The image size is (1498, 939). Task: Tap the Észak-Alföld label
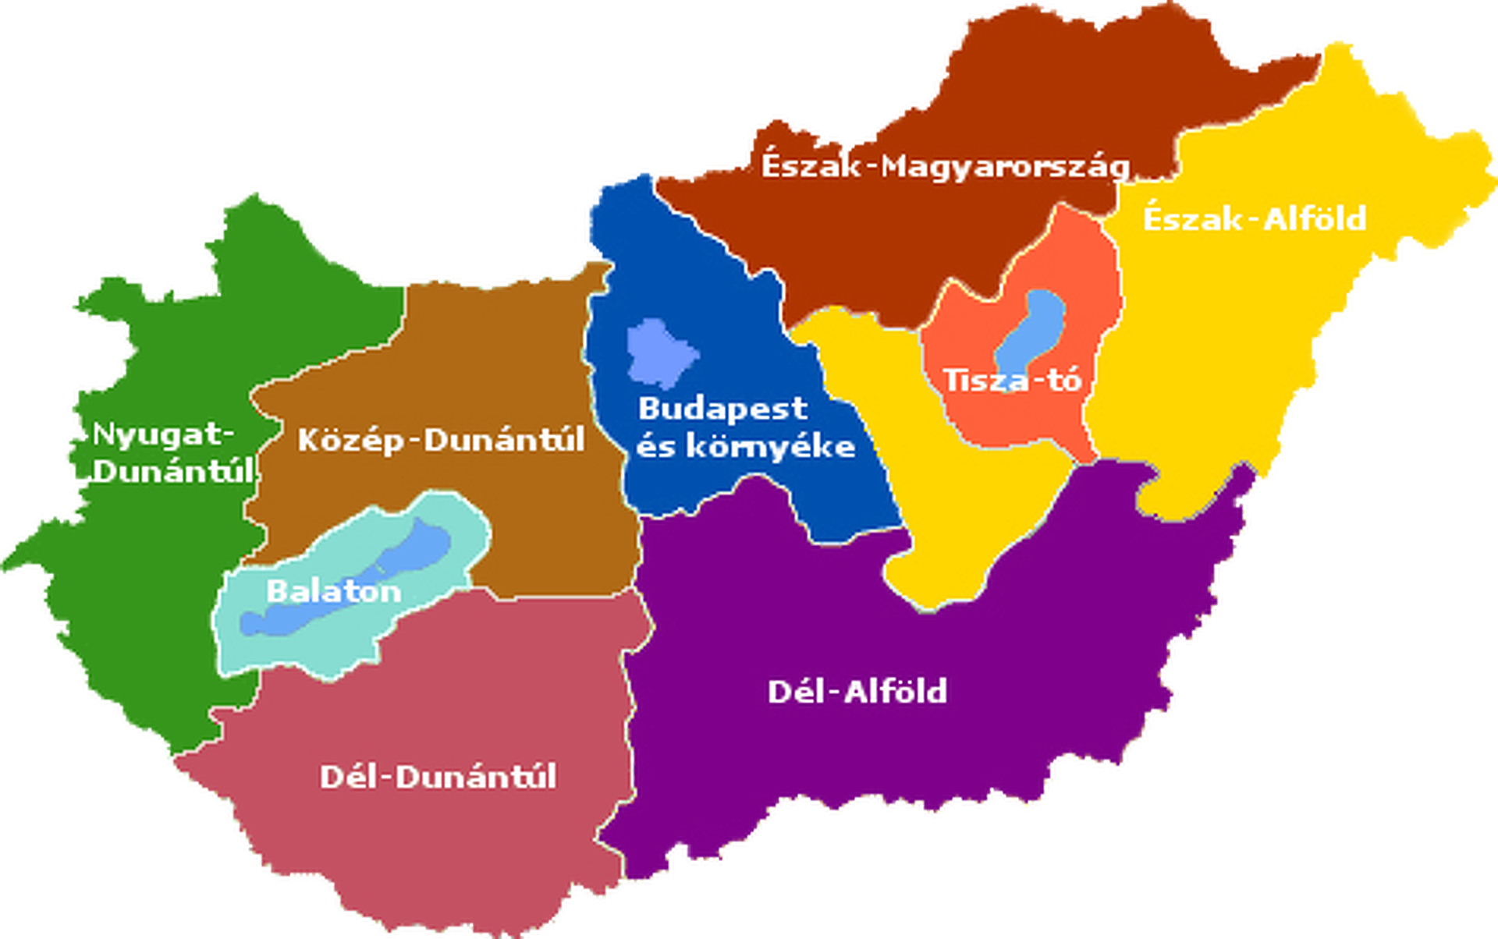(1255, 219)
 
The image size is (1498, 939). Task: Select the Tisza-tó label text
(1013, 381)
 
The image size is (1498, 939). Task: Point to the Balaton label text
(334, 591)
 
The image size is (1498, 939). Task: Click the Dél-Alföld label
(857, 692)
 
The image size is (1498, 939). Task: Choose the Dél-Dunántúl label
(438, 777)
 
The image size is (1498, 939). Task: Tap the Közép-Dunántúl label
(441, 441)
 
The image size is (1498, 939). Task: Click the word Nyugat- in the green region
(163, 435)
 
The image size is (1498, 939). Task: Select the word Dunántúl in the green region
(173, 471)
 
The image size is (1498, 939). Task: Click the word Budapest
(722, 409)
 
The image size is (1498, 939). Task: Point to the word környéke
(771, 446)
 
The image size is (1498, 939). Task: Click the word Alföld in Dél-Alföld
(896, 692)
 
